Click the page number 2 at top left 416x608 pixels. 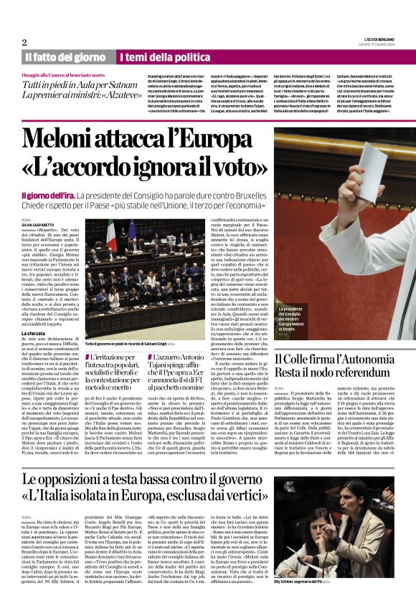pyautogui.click(x=24, y=42)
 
